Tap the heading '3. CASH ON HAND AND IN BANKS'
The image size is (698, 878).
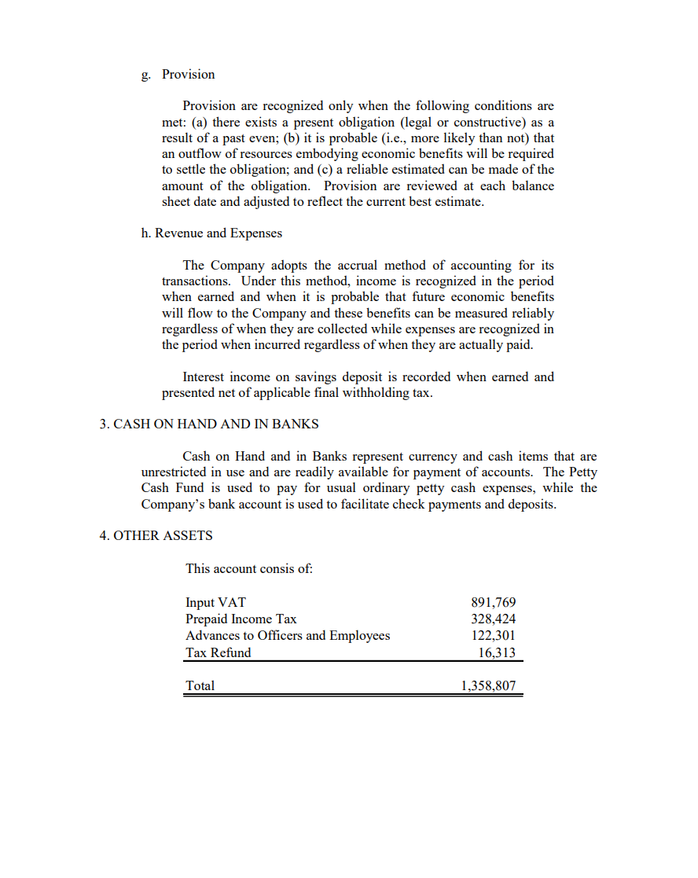[x=209, y=424]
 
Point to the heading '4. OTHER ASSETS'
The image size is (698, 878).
[x=156, y=536]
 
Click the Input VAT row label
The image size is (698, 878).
[x=215, y=603]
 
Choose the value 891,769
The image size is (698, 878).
[x=493, y=603]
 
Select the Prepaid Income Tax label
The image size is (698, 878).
[x=241, y=619]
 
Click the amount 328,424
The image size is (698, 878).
[x=493, y=619]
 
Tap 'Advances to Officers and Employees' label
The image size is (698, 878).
[x=288, y=636]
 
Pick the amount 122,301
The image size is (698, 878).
[x=493, y=636]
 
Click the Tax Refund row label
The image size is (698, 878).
[x=219, y=652]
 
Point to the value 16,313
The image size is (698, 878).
[x=497, y=652]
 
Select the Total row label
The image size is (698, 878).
[x=200, y=686]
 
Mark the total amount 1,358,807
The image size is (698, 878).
[x=487, y=686]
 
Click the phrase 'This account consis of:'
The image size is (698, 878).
[x=248, y=569]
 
